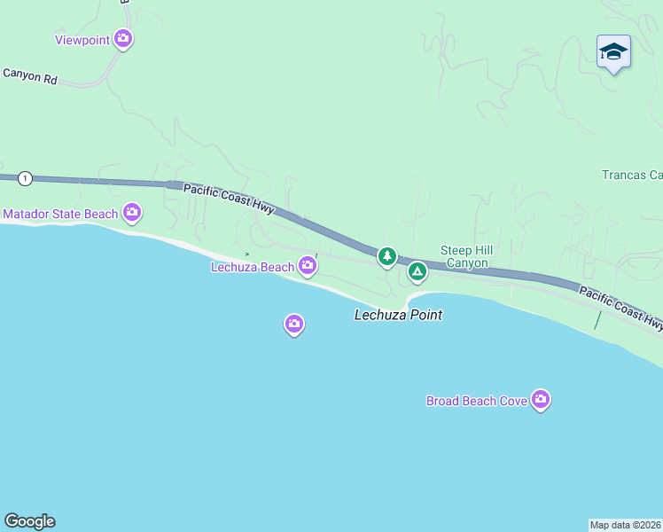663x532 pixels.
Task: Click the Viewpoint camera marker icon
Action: coord(123,38)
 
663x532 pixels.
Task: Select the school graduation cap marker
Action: coord(613,52)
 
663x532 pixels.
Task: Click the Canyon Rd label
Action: coord(29,77)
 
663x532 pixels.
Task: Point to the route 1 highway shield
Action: coord(25,178)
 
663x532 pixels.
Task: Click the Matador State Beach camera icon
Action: coord(132,212)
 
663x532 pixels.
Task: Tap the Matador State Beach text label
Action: coord(60,214)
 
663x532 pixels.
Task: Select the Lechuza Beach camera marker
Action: coord(308,265)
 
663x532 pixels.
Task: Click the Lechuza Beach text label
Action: coord(252,267)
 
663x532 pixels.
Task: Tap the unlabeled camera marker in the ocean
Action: coord(294,325)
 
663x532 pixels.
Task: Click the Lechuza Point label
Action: coord(398,315)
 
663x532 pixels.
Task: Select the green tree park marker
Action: coord(386,256)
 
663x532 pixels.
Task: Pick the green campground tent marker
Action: coord(417,271)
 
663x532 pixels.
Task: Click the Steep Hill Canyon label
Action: coord(466,257)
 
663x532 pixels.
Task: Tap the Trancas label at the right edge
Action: coord(632,175)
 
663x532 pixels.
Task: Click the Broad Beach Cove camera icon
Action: coord(541,400)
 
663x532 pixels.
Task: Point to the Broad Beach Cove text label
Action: coord(477,401)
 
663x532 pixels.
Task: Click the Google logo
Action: coord(29,521)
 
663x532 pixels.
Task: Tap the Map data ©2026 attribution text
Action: coord(626,525)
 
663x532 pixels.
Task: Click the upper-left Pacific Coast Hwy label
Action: coord(229,199)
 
